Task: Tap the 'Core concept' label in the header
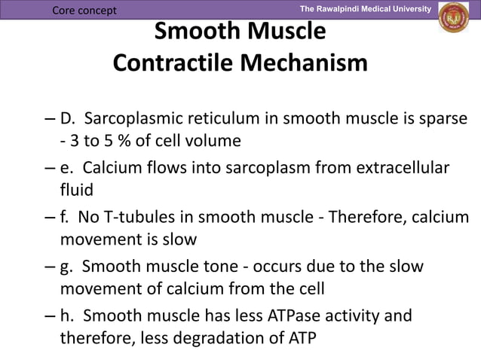point(84,9)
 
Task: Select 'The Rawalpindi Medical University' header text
point(365,8)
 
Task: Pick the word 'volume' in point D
point(215,140)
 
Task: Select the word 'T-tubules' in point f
point(139,218)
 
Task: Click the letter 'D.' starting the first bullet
point(69,119)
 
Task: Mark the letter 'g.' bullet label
point(68,267)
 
